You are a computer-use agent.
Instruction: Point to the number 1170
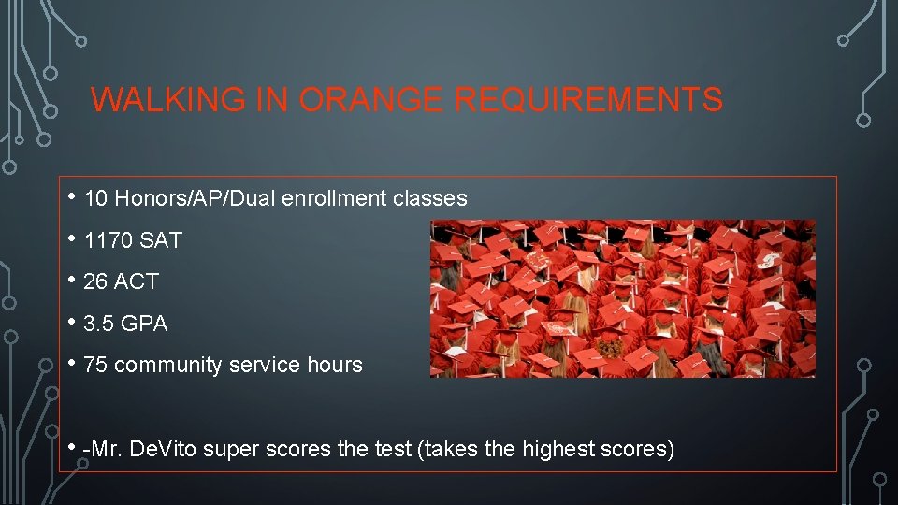pyautogui.click(x=108, y=240)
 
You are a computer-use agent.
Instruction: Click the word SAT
pyautogui.click(x=160, y=240)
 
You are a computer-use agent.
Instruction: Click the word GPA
pyautogui.click(x=144, y=324)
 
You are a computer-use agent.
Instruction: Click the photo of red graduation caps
pyautogui.click(x=622, y=298)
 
